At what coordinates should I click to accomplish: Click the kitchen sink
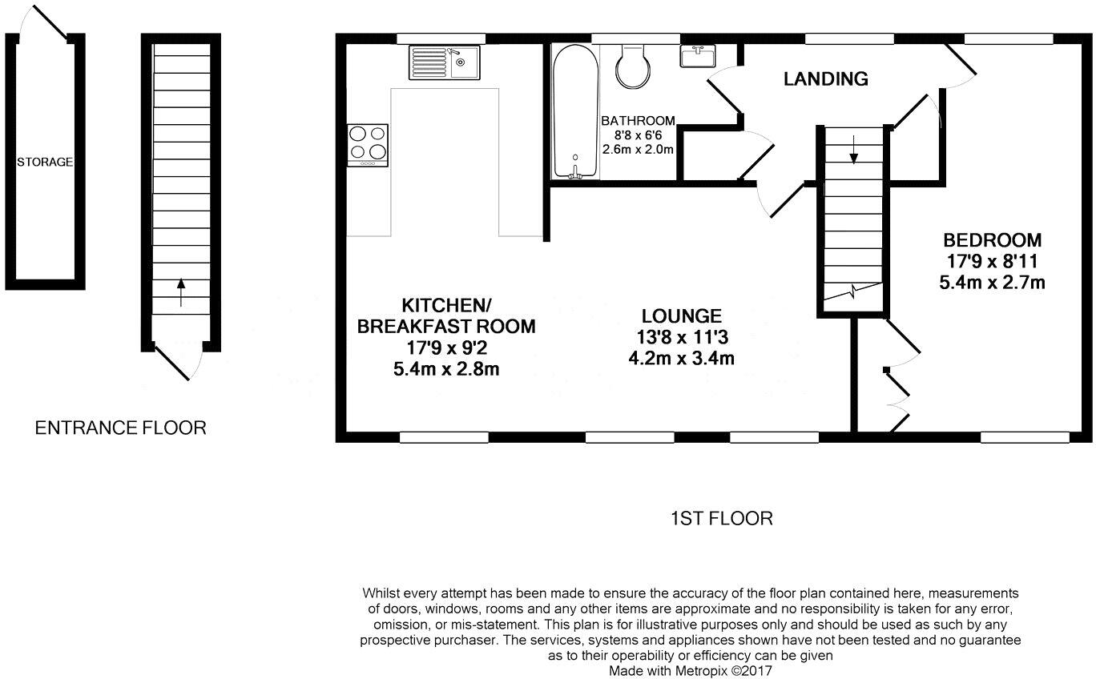[x=444, y=62]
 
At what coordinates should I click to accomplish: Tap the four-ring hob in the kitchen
[x=368, y=144]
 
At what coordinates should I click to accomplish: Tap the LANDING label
[x=825, y=78]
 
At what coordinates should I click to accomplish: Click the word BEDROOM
[x=992, y=239]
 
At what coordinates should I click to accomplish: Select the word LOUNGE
[x=681, y=316]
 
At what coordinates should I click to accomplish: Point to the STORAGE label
[x=45, y=162]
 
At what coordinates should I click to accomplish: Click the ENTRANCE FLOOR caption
[x=120, y=428]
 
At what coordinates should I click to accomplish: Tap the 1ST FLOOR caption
[x=721, y=518]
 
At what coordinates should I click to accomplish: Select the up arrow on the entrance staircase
[x=181, y=290]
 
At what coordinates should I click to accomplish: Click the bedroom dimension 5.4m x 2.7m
[x=992, y=282]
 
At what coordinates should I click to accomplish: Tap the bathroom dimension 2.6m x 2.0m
[x=638, y=149]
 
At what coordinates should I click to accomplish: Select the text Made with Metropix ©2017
[x=690, y=669]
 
